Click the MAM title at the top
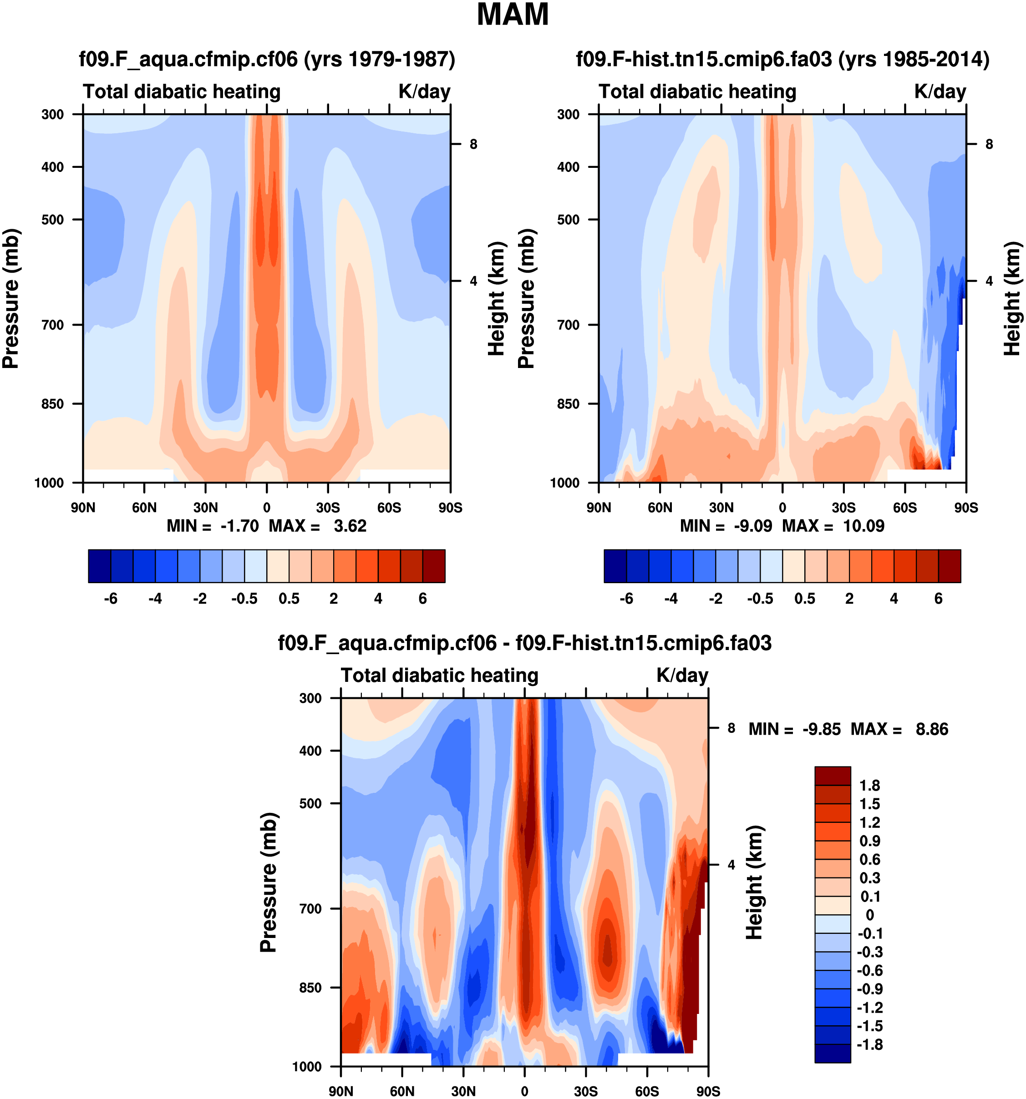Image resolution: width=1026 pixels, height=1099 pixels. pyautogui.click(x=512, y=15)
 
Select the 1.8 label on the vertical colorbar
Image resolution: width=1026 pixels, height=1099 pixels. pyautogui.click(x=869, y=786)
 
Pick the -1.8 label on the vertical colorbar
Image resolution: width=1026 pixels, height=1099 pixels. pyautogui.click(x=869, y=1044)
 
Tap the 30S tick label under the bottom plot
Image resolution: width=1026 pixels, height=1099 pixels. pyautogui.click(x=585, y=1091)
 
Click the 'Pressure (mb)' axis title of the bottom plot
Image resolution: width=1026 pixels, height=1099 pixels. pyautogui.click(x=268, y=882)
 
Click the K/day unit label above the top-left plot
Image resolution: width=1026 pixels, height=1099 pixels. pyautogui.click(x=424, y=92)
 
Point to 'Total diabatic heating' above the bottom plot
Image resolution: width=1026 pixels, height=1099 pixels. pyautogui.click(x=439, y=676)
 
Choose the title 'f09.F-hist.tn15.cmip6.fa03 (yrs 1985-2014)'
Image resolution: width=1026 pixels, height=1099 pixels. pyautogui.click(x=782, y=59)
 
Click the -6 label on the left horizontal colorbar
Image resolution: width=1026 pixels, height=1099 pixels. pyautogui.click(x=111, y=599)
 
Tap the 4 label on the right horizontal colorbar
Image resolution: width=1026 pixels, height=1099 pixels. pyautogui.click(x=894, y=599)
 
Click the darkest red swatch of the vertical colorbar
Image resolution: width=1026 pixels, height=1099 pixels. pyautogui.click(x=833, y=776)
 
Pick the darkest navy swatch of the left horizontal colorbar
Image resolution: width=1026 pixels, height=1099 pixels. pyautogui.click(x=100, y=565)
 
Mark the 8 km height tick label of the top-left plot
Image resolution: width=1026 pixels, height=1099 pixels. pyautogui.click(x=473, y=144)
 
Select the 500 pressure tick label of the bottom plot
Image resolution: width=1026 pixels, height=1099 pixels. pyautogui.click(x=310, y=803)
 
